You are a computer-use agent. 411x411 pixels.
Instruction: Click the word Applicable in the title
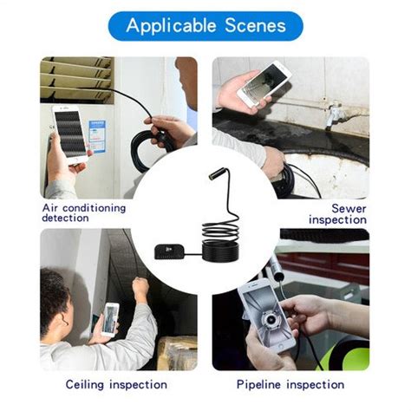171,25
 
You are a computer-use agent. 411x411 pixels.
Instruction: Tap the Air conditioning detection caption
84,213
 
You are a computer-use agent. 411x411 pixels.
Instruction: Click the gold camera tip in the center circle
213,172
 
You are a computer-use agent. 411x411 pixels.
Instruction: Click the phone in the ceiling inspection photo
110,319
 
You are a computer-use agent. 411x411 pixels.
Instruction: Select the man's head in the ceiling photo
55,300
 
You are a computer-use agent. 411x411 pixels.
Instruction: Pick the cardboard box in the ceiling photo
177,351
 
